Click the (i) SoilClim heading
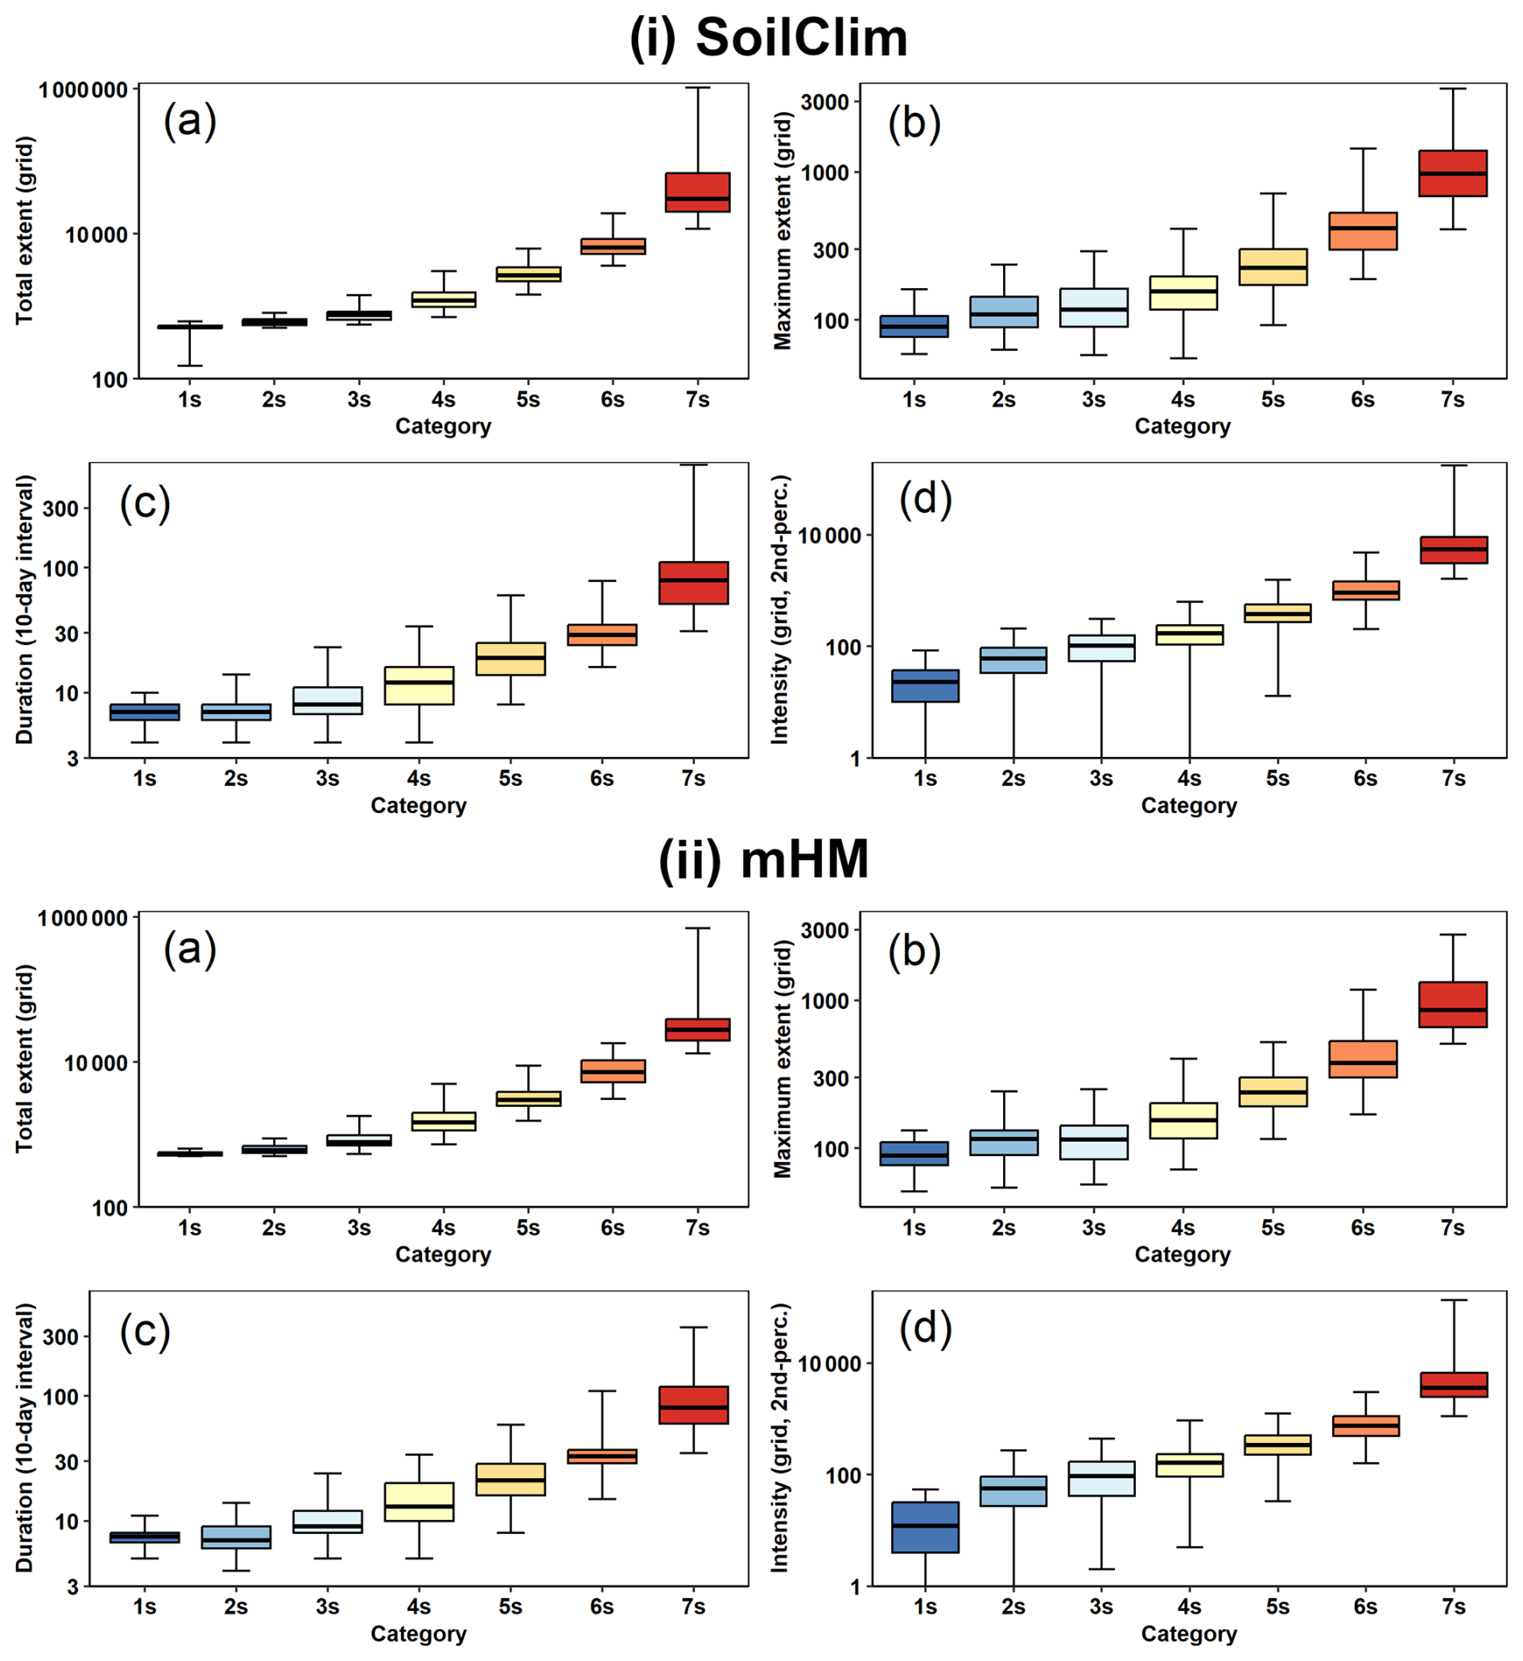(768, 38)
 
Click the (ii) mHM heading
(763, 860)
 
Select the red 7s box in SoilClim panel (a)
(697, 192)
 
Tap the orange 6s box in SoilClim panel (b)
(1362, 231)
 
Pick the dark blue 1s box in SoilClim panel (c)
(145, 713)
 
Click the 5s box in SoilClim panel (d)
(1277, 614)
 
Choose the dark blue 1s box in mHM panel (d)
(926, 1527)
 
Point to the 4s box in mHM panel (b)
(1182, 1121)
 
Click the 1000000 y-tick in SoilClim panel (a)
(83, 89)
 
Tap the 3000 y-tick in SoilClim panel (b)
(825, 102)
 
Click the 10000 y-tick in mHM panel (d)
(830, 1364)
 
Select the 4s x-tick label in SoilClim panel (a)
(444, 400)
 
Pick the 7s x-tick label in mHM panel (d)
(1453, 1606)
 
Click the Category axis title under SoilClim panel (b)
(1182, 426)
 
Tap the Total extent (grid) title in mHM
(25, 1059)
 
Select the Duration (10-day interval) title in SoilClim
(25, 609)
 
